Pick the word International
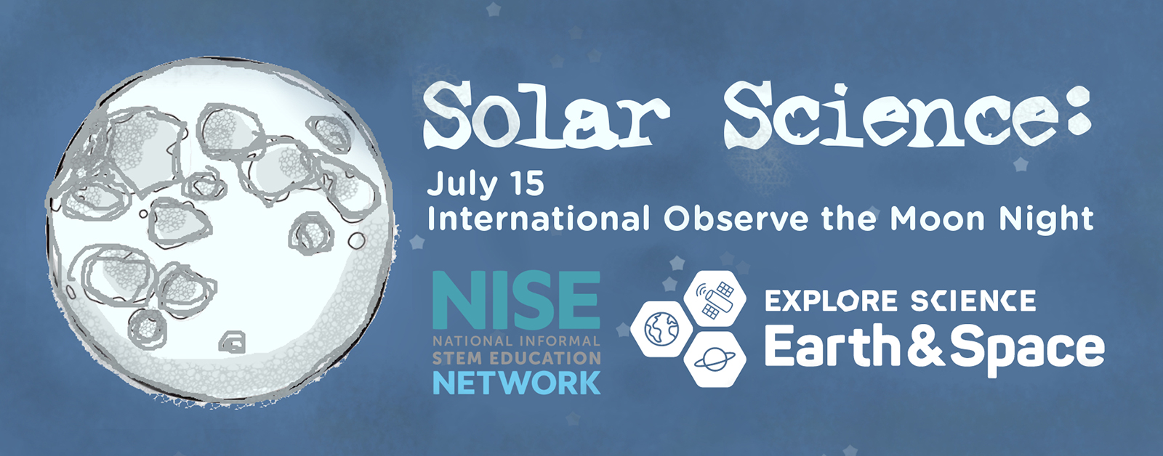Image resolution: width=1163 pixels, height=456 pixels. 539,219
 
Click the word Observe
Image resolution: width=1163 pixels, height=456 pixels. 736,219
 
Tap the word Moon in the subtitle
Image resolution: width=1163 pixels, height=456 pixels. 937,219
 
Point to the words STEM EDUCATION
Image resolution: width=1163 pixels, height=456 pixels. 516,359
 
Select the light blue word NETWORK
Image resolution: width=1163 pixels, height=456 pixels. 516,383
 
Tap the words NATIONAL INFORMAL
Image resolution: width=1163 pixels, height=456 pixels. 516,341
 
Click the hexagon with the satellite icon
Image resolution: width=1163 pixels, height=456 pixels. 715,299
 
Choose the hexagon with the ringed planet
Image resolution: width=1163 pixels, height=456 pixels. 715,359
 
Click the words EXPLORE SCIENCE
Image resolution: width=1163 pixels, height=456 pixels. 901,301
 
